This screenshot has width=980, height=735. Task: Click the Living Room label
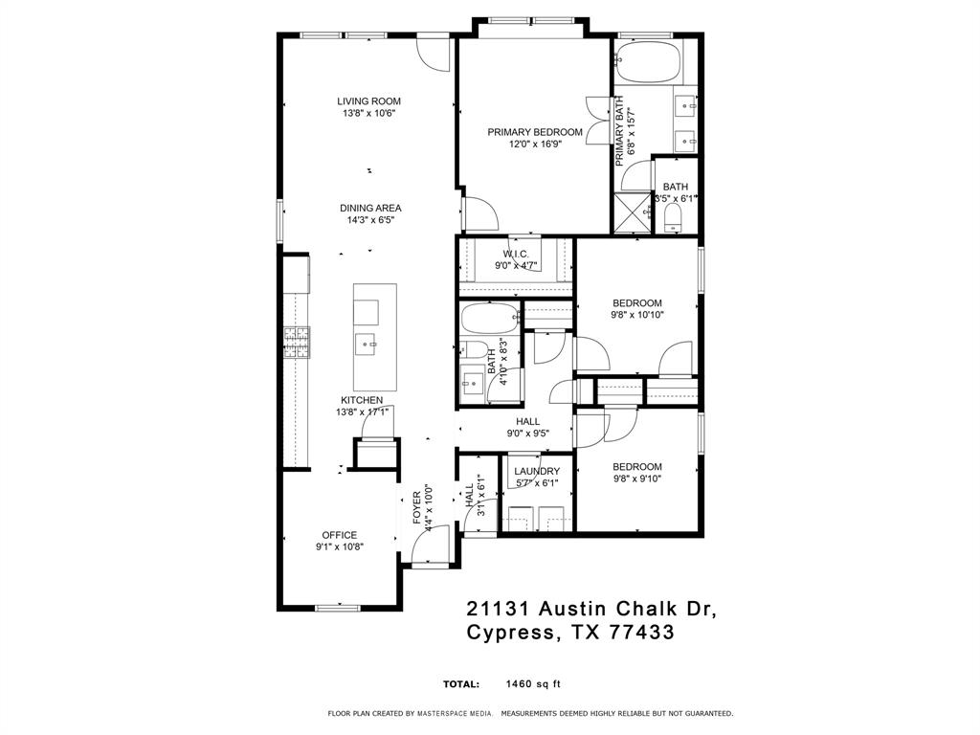click(368, 101)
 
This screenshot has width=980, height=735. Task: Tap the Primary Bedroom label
click(535, 132)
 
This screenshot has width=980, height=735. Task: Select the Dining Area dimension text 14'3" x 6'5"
click(370, 220)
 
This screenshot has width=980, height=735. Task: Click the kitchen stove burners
click(297, 343)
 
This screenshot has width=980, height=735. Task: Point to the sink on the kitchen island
click(366, 344)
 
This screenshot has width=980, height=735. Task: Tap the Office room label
click(340, 535)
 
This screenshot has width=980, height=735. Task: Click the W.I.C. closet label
click(516, 254)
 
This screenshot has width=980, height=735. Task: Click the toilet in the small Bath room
click(673, 219)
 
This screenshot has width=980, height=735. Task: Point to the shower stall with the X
click(632, 214)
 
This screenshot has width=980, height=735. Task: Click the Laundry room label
click(537, 471)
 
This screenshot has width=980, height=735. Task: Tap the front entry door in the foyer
click(431, 546)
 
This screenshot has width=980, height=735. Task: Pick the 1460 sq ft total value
click(533, 683)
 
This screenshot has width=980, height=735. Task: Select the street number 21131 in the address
click(498, 608)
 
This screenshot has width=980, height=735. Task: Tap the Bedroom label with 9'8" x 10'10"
click(636, 303)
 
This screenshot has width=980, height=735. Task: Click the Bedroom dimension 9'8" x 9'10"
click(636, 479)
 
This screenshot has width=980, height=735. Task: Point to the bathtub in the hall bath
click(490, 320)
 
